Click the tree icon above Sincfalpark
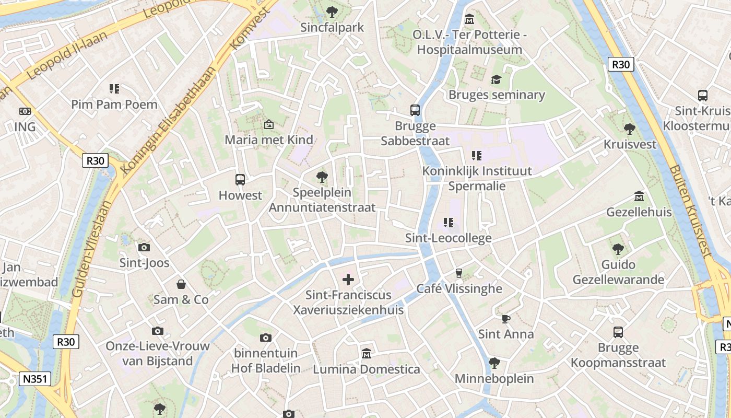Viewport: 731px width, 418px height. pos(332,11)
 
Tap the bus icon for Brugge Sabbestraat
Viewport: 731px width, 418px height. pos(415,110)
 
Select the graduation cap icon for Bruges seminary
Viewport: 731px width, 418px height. pos(496,79)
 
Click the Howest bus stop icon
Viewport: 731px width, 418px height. pos(240,180)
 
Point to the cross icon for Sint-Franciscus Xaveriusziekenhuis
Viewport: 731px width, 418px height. pos(348,280)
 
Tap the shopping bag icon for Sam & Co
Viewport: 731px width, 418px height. pos(181,284)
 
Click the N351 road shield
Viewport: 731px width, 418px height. pos(36,379)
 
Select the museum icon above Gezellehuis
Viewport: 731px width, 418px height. pos(639,196)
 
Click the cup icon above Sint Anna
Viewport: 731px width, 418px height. pos(505,318)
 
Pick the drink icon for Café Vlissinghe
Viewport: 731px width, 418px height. pos(459,273)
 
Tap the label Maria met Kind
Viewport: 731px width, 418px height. pos(269,140)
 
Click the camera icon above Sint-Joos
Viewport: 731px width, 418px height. pos(144,247)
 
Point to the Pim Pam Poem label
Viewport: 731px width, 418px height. pos(114,104)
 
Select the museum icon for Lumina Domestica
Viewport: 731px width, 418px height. pos(366,354)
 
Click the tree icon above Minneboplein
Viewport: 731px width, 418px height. pos(494,363)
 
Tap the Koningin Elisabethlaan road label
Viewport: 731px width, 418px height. pos(168,119)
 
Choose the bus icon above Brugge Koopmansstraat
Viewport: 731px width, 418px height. pos(618,332)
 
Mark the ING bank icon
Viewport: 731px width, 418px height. pos(25,111)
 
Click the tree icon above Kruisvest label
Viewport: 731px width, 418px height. pos(630,129)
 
